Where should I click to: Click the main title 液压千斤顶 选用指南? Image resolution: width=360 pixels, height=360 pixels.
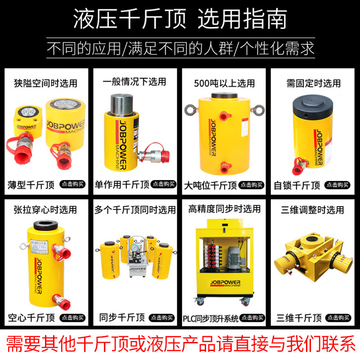pyautogui.click(x=180, y=20)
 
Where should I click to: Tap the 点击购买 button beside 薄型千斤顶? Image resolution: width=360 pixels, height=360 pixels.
pyautogui.click(x=73, y=184)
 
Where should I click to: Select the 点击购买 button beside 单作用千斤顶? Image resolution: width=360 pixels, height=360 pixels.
pyautogui.click(x=163, y=184)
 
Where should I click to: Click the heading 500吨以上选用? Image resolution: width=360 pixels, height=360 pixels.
pyautogui.click(x=224, y=83)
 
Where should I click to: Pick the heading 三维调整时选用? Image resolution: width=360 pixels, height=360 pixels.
pyautogui.click(x=315, y=210)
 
